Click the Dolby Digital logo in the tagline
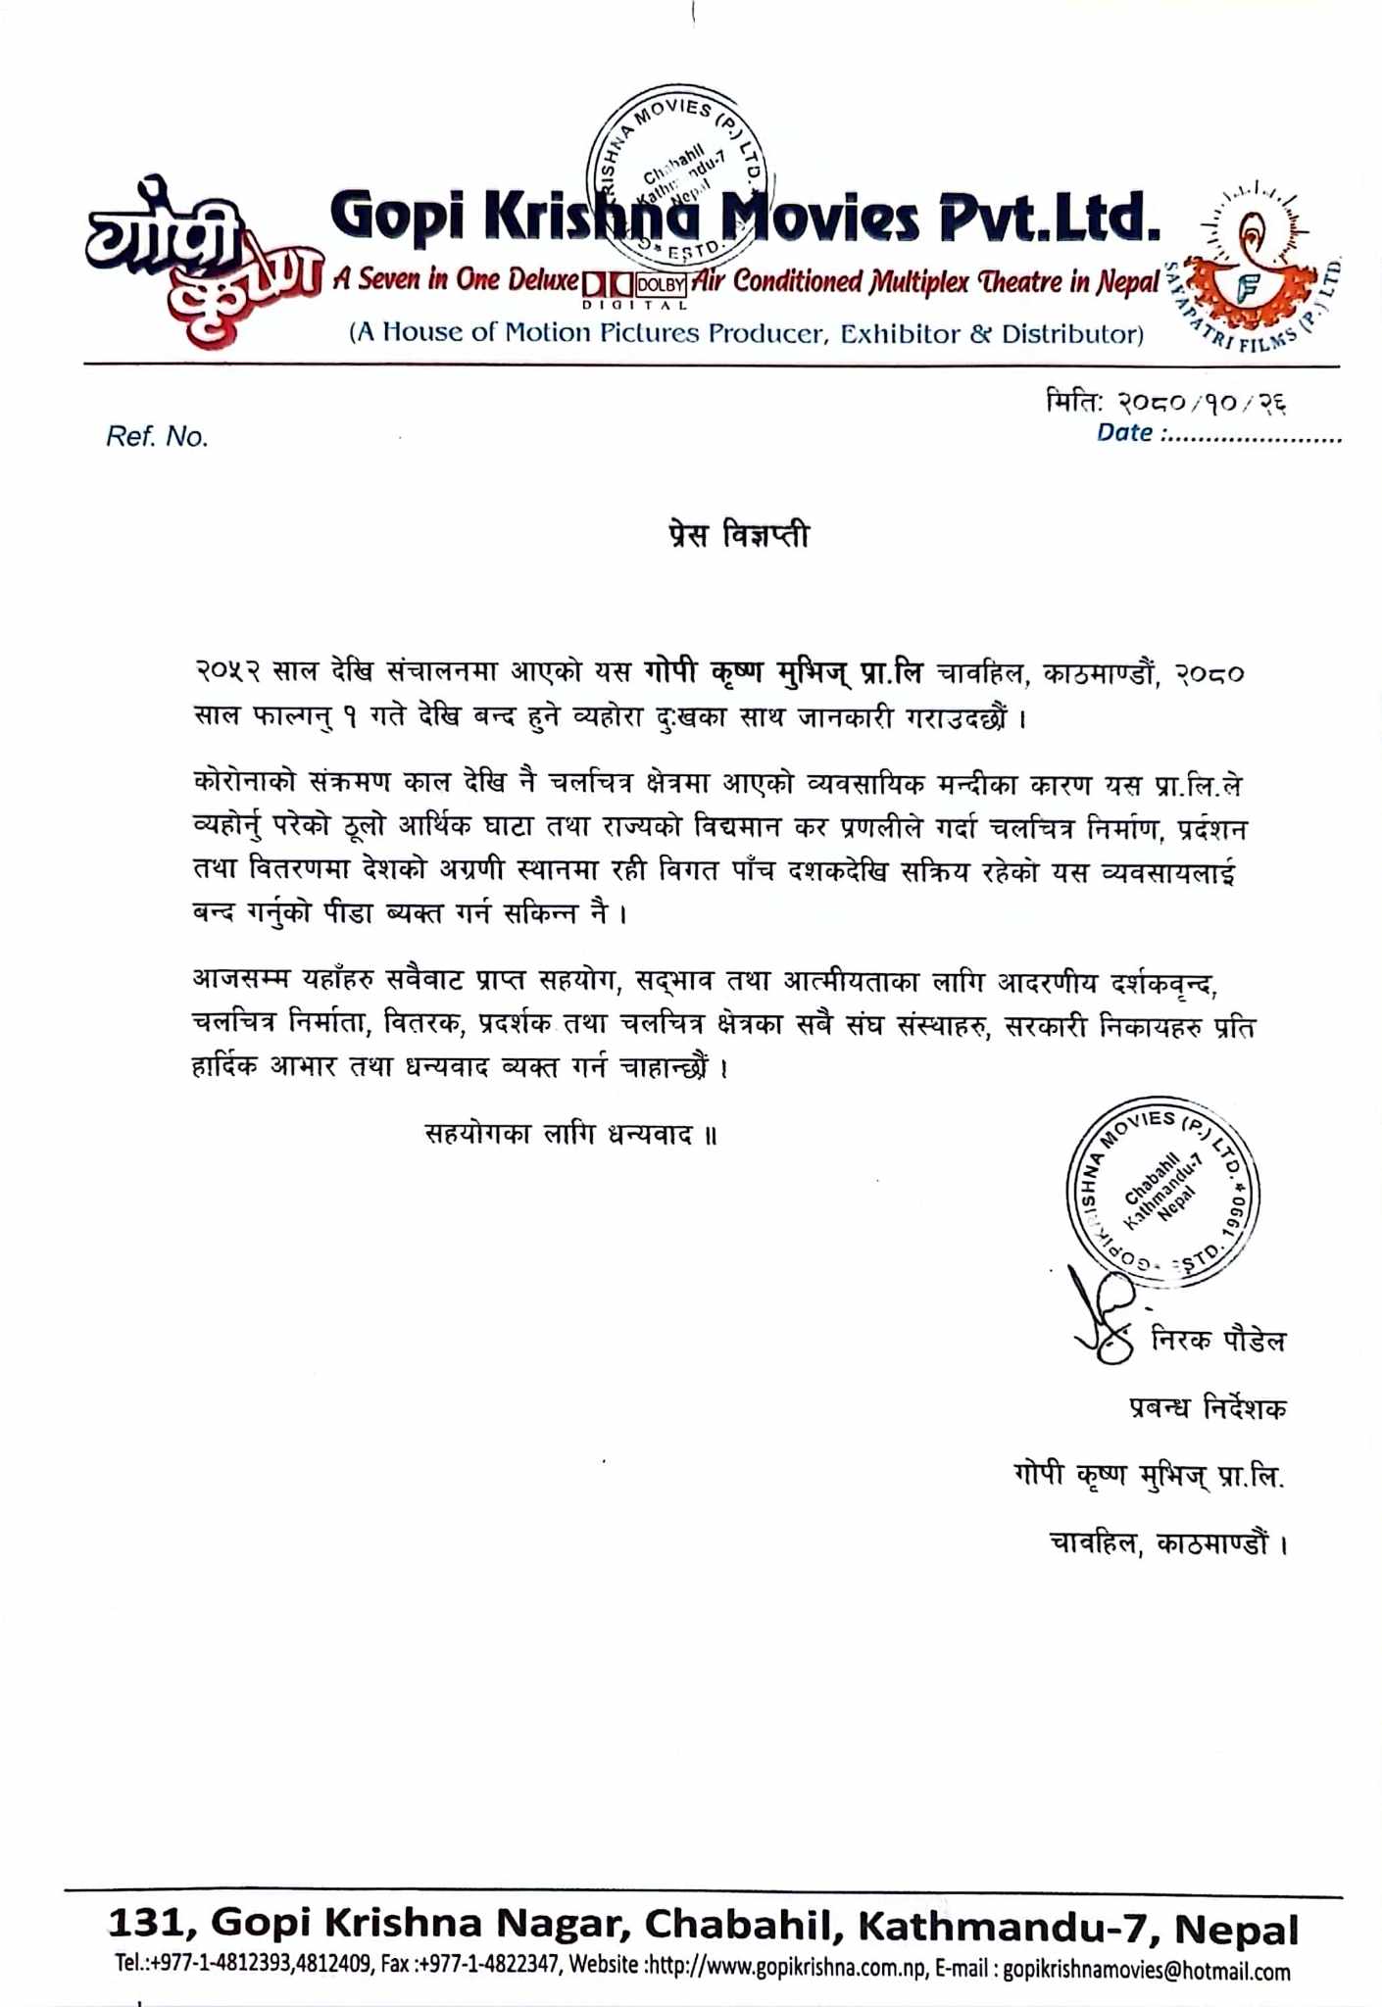pos(635,285)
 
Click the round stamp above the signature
pos(1162,1192)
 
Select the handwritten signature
pos(1103,1319)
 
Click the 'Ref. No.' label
pos(158,437)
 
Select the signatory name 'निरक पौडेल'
pos(1218,1340)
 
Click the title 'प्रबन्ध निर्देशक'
pos(1208,1408)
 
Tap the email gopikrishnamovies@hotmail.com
pos(1147,1972)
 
